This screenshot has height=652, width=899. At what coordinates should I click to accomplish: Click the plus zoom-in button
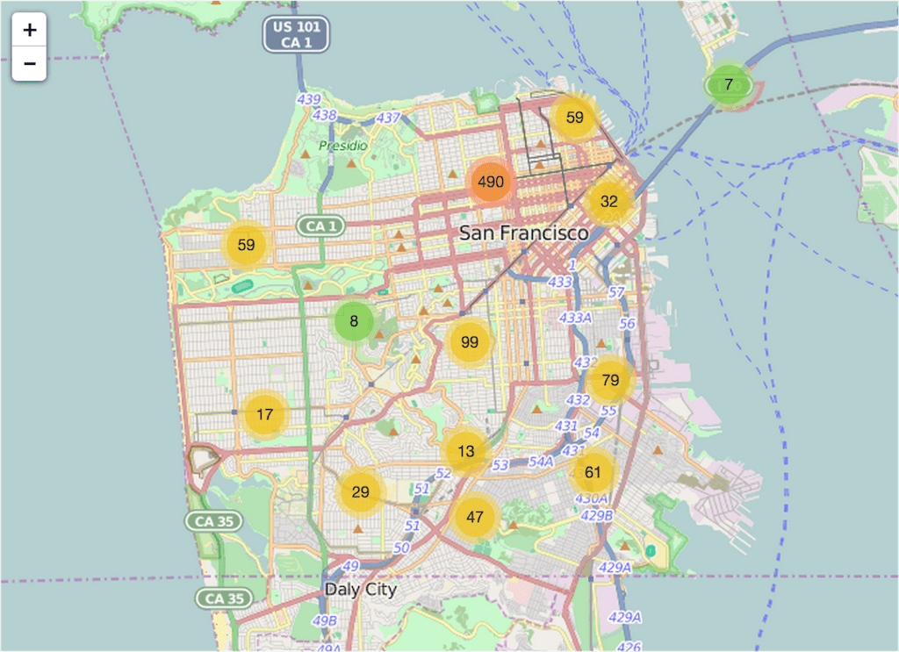(x=29, y=30)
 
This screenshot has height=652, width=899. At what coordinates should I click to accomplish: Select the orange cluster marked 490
(x=491, y=182)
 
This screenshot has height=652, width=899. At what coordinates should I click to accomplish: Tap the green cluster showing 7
(x=728, y=85)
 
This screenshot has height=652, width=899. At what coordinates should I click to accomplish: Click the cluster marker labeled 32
(x=608, y=202)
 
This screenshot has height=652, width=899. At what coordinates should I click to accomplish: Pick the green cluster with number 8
(x=354, y=321)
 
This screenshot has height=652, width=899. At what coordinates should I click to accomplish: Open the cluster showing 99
(x=470, y=342)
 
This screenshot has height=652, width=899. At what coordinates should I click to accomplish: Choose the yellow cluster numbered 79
(x=610, y=380)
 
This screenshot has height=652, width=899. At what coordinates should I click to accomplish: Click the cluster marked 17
(x=265, y=414)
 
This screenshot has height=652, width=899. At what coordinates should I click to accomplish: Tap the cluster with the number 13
(x=466, y=451)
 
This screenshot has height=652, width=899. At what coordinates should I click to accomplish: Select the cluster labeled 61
(x=593, y=472)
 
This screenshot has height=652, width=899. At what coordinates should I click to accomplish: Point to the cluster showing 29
(x=360, y=492)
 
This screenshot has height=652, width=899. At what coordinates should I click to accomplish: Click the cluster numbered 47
(x=475, y=517)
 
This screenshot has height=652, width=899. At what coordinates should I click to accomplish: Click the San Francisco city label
(x=524, y=233)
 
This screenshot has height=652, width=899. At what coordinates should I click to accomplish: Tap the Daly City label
(x=360, y=590)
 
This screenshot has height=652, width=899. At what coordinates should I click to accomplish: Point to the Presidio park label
(x=343, y=146)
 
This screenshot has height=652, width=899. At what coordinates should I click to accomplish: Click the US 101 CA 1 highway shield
(x=296, y=34)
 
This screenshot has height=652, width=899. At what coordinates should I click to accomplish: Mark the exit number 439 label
(x=308, y=100)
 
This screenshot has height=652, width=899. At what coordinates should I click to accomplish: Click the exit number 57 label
(x=616, y=292)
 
